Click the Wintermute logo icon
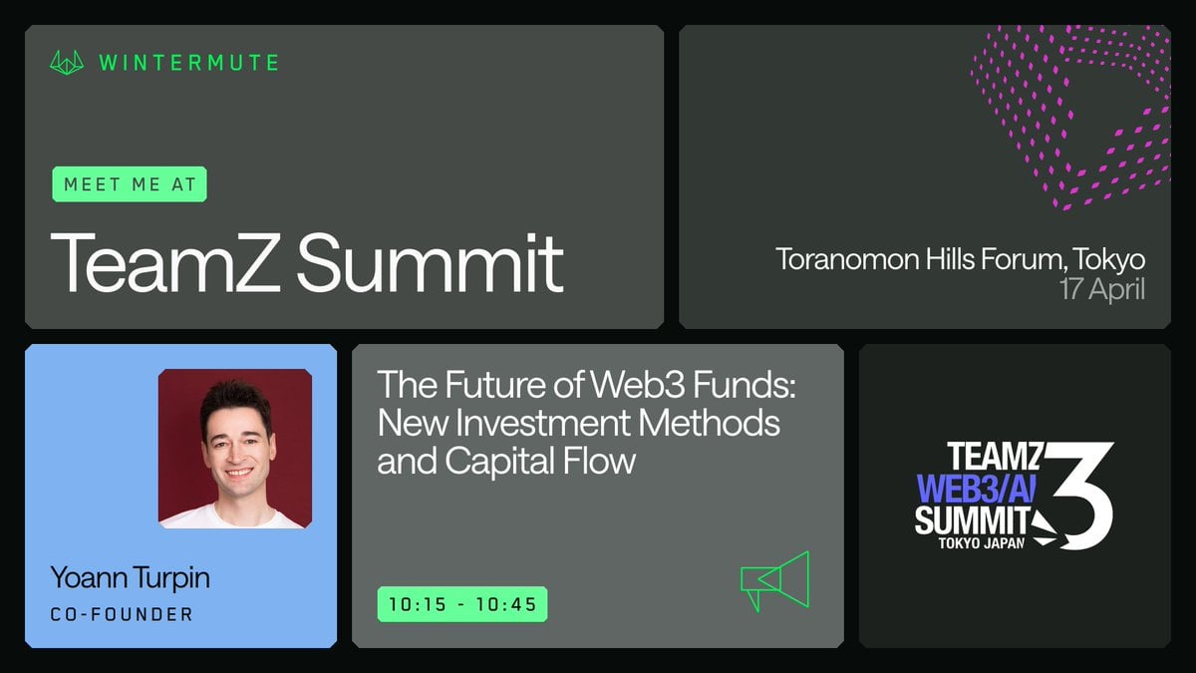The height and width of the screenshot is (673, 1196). (67, 63)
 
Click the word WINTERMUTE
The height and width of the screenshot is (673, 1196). (188, 63)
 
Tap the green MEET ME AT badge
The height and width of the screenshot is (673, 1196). (130, 184)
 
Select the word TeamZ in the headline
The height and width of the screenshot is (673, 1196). (165, 262)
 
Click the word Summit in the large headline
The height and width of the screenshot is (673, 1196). (430, 262)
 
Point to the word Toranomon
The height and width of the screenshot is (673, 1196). (847, 259)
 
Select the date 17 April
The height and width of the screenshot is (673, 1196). (1102, 289)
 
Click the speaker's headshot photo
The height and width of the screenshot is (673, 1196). (235, 449)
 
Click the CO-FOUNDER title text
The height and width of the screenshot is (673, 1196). (122, 614)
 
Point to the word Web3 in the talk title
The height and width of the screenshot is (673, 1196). (638, 385)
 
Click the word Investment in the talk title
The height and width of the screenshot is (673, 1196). (542, 423)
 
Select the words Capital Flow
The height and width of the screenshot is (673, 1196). (540, 462)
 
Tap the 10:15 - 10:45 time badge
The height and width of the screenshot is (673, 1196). (462, 604)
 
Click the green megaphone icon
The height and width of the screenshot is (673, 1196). (775, 581)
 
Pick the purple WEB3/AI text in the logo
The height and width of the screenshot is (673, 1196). (976, 489)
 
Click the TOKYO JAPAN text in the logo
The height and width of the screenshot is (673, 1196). (982, 543)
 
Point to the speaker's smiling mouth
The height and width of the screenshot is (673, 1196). (238, 473)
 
